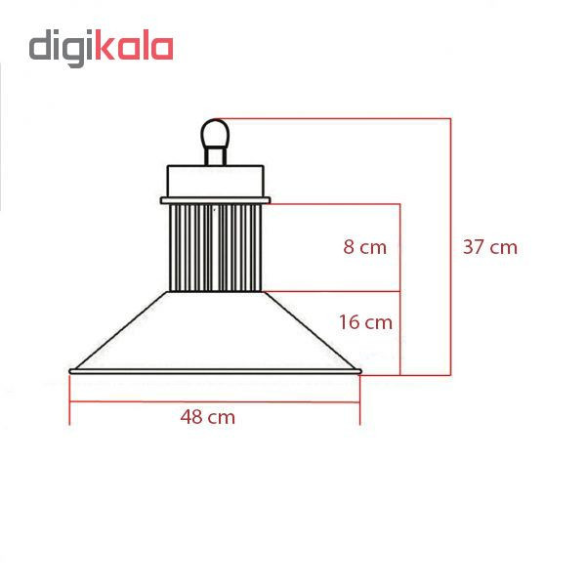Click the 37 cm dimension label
(490, 247)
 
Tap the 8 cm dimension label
(364, 247)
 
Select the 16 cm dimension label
(365, 322)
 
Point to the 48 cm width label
(207, 417)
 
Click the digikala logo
(101, 48)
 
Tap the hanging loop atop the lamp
(215, 134)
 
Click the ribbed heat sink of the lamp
(215, 248)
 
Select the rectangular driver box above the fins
(216, 182)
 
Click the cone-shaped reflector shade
(215, 330)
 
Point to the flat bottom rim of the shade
(215, 371)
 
